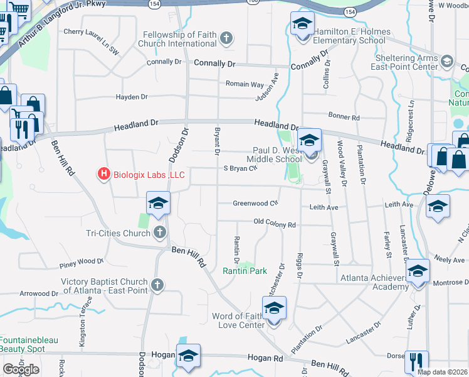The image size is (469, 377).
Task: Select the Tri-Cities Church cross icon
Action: (160, 233)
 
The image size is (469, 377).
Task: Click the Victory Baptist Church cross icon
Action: (157, 286)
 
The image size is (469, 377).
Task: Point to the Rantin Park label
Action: (245, 271)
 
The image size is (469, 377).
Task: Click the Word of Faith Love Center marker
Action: (274, 309)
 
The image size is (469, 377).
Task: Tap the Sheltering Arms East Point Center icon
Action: (447, 62)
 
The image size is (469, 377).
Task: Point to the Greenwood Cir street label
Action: (255, 203)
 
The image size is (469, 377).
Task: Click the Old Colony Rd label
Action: (274, 224)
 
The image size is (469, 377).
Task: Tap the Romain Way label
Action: (245, 84)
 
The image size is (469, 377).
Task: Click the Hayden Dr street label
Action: (132, 97)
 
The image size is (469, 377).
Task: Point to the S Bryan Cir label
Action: (241, 168)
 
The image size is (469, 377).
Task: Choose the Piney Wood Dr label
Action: (81, 261)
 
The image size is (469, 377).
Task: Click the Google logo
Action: (21, 369)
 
